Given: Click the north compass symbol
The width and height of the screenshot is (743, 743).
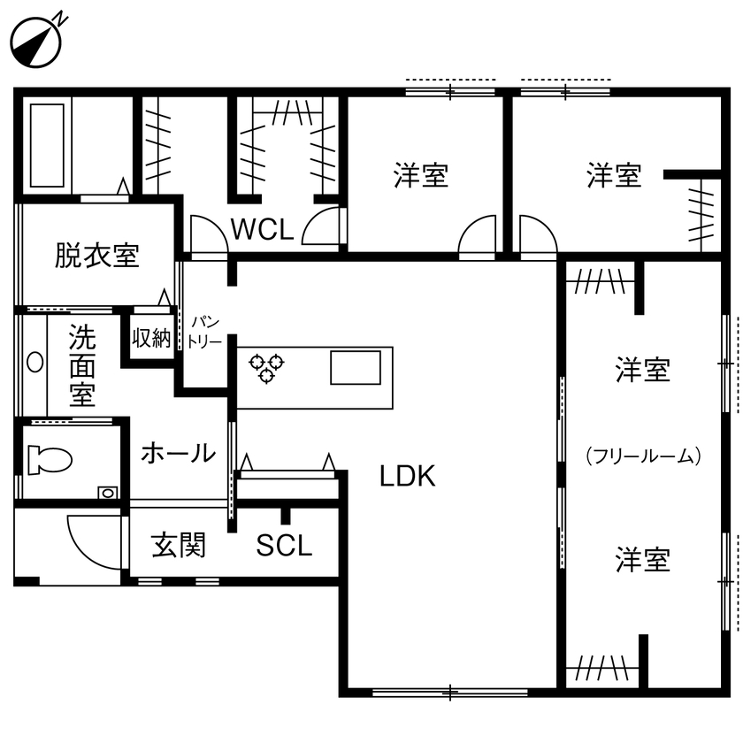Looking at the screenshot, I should click(36, 41).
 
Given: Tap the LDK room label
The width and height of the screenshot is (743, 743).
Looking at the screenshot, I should click(408, 477).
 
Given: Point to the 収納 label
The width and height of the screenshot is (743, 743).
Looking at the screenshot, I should click(151, 338).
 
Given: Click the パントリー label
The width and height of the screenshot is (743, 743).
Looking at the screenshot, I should click(204, 334).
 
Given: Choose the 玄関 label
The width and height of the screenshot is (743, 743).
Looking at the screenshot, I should click(179, 546).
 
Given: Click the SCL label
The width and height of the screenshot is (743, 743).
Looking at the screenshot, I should click(284, 546).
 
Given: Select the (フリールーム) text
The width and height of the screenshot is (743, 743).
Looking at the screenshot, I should click(643, 456).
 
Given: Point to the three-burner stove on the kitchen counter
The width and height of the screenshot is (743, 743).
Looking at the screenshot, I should click(266, 366).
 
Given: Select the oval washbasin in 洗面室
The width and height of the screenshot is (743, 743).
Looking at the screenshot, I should click(34, 362).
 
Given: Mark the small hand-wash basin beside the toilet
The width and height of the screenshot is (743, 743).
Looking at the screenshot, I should click(107, 492).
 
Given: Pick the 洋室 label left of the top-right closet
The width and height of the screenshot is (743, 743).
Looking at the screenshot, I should click(614, 175).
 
